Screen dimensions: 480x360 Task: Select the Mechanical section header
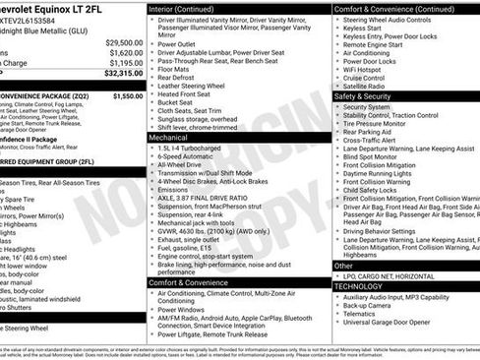pos(168,139)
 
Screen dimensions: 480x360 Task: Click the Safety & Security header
pos(362,96)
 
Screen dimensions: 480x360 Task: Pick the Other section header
pos(343,266)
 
